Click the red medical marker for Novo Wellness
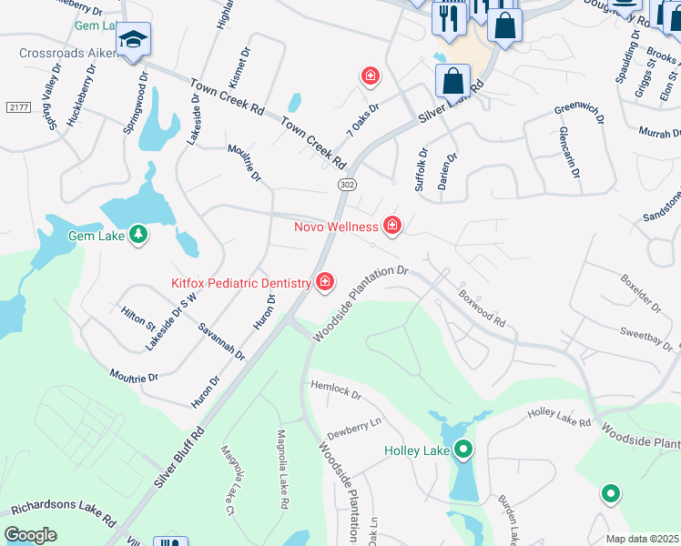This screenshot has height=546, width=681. point(392,225)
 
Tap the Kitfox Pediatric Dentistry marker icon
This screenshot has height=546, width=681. point(323,283)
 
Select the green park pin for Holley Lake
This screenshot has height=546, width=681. point(462,449)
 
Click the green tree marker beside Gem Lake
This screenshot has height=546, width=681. point(137,236)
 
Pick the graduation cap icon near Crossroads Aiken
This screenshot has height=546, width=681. point(134,40)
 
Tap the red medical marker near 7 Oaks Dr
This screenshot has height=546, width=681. point(370,76)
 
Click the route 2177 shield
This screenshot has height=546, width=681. point(18,107)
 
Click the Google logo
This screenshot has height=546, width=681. point(30,534)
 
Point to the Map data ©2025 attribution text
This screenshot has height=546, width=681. point(641,539)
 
